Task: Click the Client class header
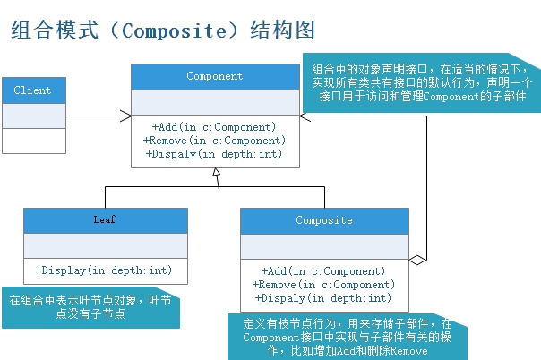pyautogui.click(x=33, y=90)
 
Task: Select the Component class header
pyautogui.click(x=214, y=77)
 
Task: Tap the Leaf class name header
pyautogui.click(x=105, y=220)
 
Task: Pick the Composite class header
pyautogui.click(x=324, y=220)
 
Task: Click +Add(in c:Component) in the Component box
pyautogui.click(x=214, y=127)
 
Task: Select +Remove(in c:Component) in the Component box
pyautogui.click(x=214, y=141)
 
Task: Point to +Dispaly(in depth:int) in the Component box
pyautogui.click(x=214, y=154)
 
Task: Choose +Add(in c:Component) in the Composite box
pyautogui.click(x=324, y=271)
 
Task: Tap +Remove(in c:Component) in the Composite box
pyautogui.click(x=324, y=285)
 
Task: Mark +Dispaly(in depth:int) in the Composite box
pyautogui.click(x=324, y=298)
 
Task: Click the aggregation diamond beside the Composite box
pyautogui.click(x=416, y=260)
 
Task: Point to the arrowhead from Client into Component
pyautogui.click(x=126, y=116)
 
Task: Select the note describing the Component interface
pyautogui.click(x=421, y=82)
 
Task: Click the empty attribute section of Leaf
pyautogui.click(x=105, y=245)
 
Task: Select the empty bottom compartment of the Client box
pyautogui.click(x=33, y=141)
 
